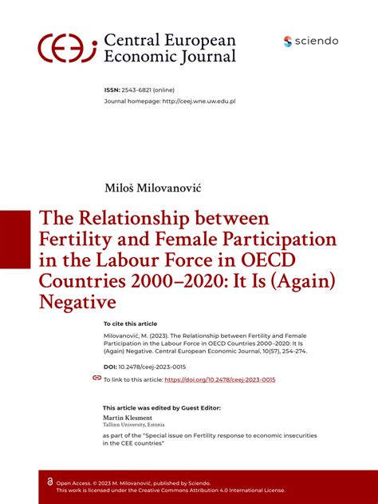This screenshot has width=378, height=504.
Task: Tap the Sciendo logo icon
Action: [x=288, y=42]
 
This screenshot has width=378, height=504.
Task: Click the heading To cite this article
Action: [x=131, y=323]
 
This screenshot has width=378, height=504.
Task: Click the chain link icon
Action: [x=96, y=378]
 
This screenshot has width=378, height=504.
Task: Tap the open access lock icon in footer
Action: [x=50, y=482]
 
